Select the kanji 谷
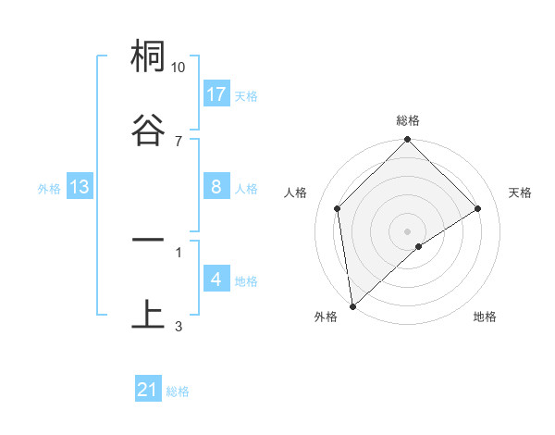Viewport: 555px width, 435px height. point(148,129)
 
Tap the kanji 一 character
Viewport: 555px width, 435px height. point(148,240)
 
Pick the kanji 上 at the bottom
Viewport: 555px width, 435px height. point(148,314)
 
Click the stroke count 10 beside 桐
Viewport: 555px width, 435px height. point(179,68)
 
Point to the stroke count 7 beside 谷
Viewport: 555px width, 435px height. point(179,141)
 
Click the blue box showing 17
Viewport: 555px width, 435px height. point(216,93)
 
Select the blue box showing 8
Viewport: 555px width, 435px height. point(216,187)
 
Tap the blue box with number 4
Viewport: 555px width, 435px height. point(216,280)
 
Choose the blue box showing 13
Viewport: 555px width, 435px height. point(80,187)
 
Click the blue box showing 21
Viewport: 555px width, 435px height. point(148,390)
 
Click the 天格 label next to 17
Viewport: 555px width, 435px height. point(246,95)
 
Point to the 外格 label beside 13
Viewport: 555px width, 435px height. point(49,189)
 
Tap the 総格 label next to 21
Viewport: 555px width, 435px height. point(178,391)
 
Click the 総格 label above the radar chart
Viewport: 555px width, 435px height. point(408,120)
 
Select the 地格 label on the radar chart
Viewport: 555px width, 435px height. point(485,317)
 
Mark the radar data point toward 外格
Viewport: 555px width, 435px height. point(352,306)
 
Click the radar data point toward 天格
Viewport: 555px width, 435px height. point(478,208)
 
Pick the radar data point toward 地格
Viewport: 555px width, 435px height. point(418,246)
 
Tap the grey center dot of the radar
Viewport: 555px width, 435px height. point(407,231)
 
